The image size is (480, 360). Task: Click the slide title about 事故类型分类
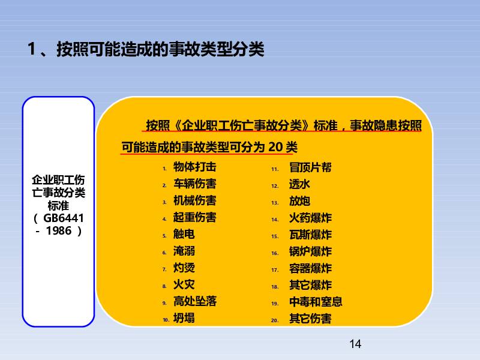[x=146, y=49]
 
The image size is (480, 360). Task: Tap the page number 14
[x=355, y=344]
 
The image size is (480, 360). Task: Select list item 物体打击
[x=194, y=167]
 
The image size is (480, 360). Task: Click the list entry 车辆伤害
[x=194, y=184]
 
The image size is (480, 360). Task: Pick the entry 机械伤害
[x=194, y=200]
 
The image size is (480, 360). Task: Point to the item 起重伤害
[x=194, y=217]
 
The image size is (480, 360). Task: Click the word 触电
[x=184, y=234]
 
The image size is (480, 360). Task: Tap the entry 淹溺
[x=184, y=251]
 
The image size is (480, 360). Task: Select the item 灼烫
[x=184, y=268]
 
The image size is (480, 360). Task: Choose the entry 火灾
[x=184, y=284]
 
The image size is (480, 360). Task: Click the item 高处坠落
[x=194, y=302]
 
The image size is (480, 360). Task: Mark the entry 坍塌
[x=184, y=319]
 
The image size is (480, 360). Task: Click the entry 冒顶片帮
[x=310, y=167]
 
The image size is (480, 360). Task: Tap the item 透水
[x=299, y=184]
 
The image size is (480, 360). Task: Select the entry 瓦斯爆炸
[x=310, y=235]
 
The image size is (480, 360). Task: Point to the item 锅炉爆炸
[x=310, y=251]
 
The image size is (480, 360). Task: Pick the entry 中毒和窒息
[x=316, y=302]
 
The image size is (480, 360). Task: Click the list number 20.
[x=275, y=320]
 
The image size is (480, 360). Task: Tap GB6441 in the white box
[x=64, y=218]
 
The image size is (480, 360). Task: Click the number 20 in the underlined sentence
[x=275, y=147]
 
